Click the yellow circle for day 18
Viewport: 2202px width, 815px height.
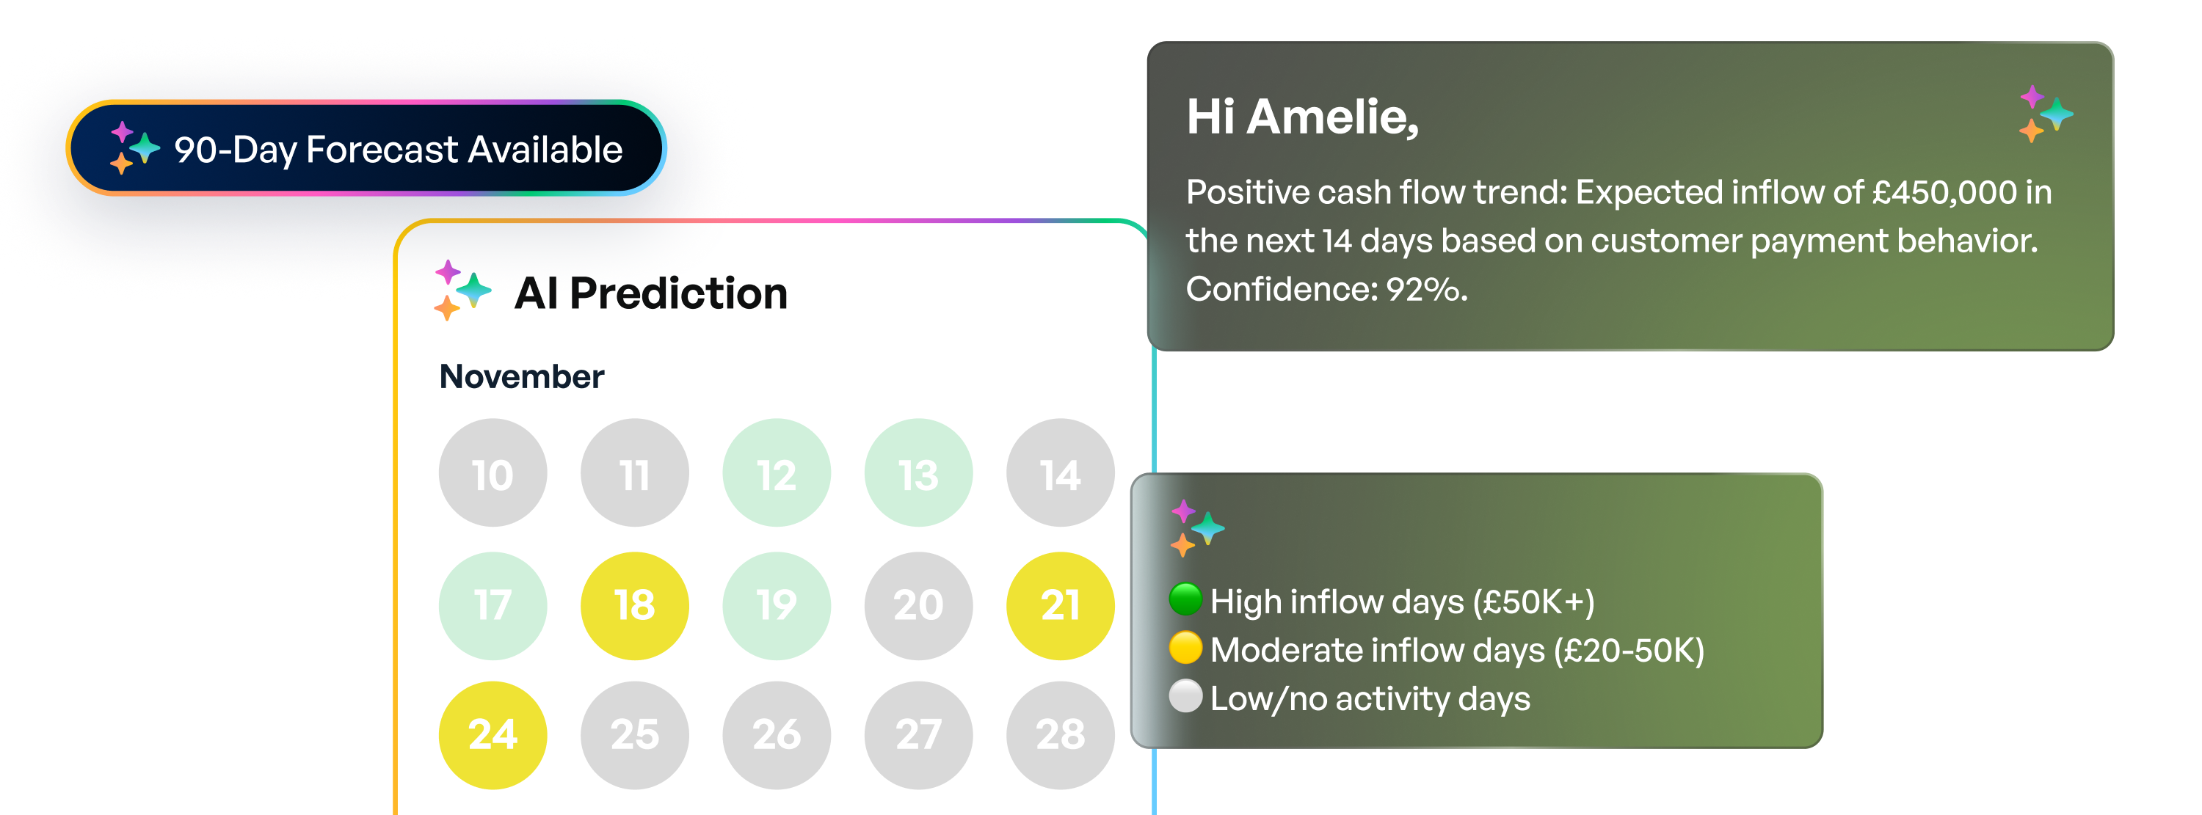(x=634, y=606)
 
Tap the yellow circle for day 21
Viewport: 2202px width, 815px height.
(x=1060, y=606)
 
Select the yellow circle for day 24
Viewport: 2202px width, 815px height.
(x=493, y=735)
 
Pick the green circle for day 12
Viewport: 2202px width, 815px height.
(x=776, y=472)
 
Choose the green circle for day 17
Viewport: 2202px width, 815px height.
(x=493, y=606)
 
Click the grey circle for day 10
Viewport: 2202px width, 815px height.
(x=493, y=472)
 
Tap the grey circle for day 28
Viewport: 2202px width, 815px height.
(x=1060, y=735)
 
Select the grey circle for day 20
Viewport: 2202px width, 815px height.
(x=918, y=606)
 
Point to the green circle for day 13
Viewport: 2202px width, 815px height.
(x=918, y=472)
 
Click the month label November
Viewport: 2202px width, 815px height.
(x=521, y=377)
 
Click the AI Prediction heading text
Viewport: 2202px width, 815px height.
(x=650, y=294)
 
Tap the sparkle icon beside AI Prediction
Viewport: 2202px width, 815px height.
(x=462, y=290)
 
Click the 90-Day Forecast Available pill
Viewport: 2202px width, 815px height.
(x=366, y=149)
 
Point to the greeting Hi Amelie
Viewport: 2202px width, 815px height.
(x=1302, y=117)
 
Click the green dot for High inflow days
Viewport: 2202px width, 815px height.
(x=1185, y=599)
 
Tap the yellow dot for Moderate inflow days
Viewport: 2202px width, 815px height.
(x=1185, y=648)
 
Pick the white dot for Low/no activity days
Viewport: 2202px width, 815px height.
(x=1185, y=695)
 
